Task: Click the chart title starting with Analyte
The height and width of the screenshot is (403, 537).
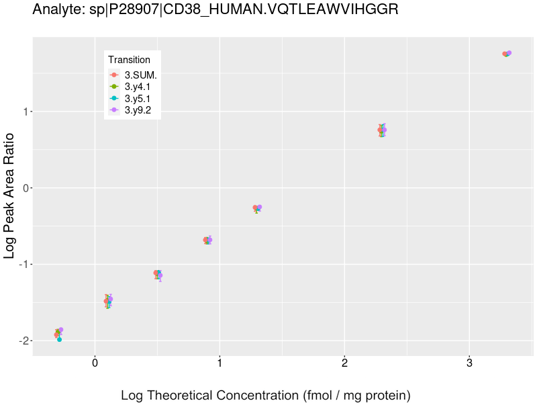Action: point(215,10)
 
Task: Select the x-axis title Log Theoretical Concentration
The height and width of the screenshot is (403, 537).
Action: point(265,395)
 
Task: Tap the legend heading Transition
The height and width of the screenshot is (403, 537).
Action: point(129,60)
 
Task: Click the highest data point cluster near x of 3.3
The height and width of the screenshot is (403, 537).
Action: point(507,54)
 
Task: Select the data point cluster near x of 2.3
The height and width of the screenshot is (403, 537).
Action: point(382,130)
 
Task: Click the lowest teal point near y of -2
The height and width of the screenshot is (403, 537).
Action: point(59,340)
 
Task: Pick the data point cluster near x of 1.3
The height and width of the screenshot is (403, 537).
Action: point(257,208)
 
